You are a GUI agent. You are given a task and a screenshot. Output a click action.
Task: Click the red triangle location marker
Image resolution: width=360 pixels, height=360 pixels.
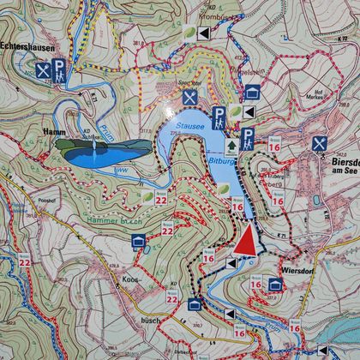[x=245, y=239]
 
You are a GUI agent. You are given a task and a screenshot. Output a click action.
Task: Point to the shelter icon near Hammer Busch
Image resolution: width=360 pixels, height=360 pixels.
[x=137, y=243]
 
